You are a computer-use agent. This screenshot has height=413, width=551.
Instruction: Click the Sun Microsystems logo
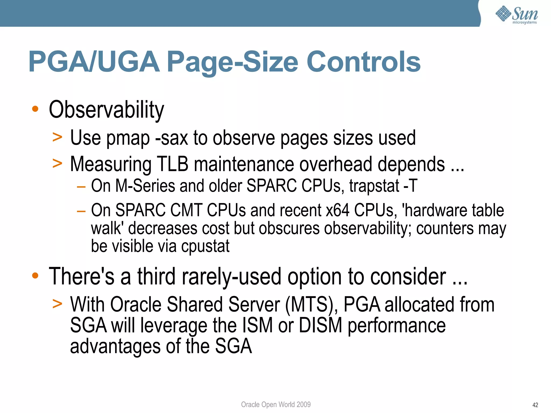click(x=517, y=15)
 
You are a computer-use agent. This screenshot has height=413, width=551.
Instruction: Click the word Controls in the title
click(x=363, y=62)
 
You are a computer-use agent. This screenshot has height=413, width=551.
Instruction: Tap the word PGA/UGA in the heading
click(x=94, y=62)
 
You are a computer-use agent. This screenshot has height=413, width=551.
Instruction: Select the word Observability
click(x=106, y=110)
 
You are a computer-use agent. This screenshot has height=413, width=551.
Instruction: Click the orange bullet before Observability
click(x=35, y=109)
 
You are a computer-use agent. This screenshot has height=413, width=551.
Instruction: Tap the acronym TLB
click(x=172, y=164)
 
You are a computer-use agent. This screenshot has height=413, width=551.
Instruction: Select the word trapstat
click(x=374, y=186)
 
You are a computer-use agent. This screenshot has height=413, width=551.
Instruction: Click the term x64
click(x=337, y=210)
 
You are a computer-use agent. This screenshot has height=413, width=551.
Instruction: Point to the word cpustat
click(x=205, y=246)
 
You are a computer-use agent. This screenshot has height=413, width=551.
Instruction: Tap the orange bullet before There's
click(x=35, y=276)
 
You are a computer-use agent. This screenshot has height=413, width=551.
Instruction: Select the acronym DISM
click(x=320, y=325)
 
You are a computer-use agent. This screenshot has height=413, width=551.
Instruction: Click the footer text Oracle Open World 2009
click(x=275, y=404)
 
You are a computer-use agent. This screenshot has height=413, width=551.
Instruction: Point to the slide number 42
click(x=535, y=405)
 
